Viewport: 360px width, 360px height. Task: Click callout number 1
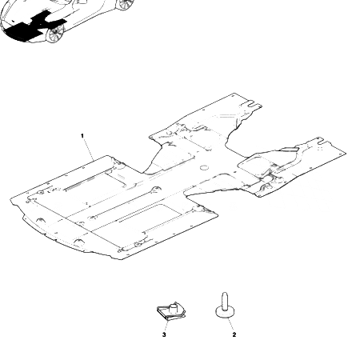[82, 136]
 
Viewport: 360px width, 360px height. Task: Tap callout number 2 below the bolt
[234, 334]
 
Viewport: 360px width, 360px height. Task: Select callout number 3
[164, 334]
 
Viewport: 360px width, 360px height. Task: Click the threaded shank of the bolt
[225, 301]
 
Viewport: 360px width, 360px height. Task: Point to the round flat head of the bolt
[226, 312]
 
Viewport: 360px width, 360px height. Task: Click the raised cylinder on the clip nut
[174, 309]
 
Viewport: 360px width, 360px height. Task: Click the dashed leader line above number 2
[230, 324]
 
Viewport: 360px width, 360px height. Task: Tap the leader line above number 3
[166, 325]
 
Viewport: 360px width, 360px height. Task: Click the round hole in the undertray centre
[205, 167]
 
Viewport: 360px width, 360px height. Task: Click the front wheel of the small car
[55, 34]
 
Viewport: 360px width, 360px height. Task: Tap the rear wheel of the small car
[125, 4]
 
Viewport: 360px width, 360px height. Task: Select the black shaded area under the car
[30, 26]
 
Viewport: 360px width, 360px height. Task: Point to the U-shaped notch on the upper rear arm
[253, 103]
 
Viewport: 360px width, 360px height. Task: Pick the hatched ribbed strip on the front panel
[80, 183]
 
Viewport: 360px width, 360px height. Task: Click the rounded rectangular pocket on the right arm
[256, 162]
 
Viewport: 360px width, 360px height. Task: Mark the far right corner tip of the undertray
[346, 153]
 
